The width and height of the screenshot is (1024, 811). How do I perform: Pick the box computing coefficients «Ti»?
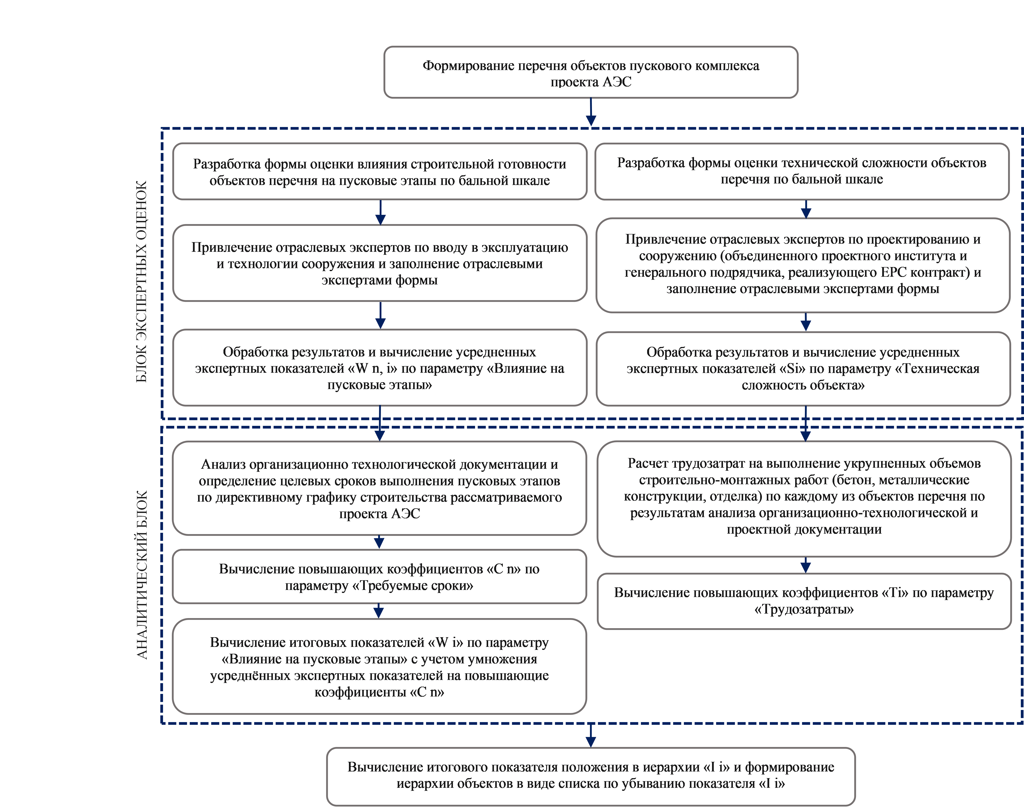[x=804, y=601]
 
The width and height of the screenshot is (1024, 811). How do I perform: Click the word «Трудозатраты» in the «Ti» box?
[x=804, y=609]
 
